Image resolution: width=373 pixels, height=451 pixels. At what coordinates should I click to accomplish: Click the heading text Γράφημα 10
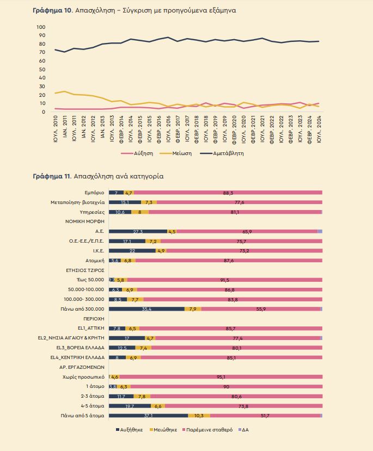click(52, 10)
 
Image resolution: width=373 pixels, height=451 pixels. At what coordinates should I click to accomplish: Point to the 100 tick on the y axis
click(41, 27)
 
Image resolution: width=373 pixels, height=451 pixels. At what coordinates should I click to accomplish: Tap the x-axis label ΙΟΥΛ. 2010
click(56, 129)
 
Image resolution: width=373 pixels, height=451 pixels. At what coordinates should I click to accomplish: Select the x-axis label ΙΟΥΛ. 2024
click(319, 129)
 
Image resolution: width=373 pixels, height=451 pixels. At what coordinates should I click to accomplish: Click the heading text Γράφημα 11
click(52, 176)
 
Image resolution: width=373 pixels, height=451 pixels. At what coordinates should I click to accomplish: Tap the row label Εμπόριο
click(94, 193)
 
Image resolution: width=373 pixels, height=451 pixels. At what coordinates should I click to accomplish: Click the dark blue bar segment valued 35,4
click(147, 309)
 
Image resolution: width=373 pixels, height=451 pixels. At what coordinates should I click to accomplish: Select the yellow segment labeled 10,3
click(199, 416)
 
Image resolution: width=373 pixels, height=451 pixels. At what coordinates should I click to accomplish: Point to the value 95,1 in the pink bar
click(221, 377)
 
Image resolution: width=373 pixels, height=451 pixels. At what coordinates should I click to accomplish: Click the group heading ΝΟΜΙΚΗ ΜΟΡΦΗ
click(84, 221)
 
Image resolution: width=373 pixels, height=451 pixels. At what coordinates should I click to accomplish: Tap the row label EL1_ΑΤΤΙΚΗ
click(91, 328)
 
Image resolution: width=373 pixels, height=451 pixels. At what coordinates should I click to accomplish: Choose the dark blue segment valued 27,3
click(138, 232)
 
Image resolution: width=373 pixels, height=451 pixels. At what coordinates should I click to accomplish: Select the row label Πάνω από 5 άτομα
click(82, 416)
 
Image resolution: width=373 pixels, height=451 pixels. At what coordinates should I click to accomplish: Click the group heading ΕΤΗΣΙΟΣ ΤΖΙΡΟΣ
click(85, 270)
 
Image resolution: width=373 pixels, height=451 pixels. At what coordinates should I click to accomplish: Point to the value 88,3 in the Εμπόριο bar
click(228, 193)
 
